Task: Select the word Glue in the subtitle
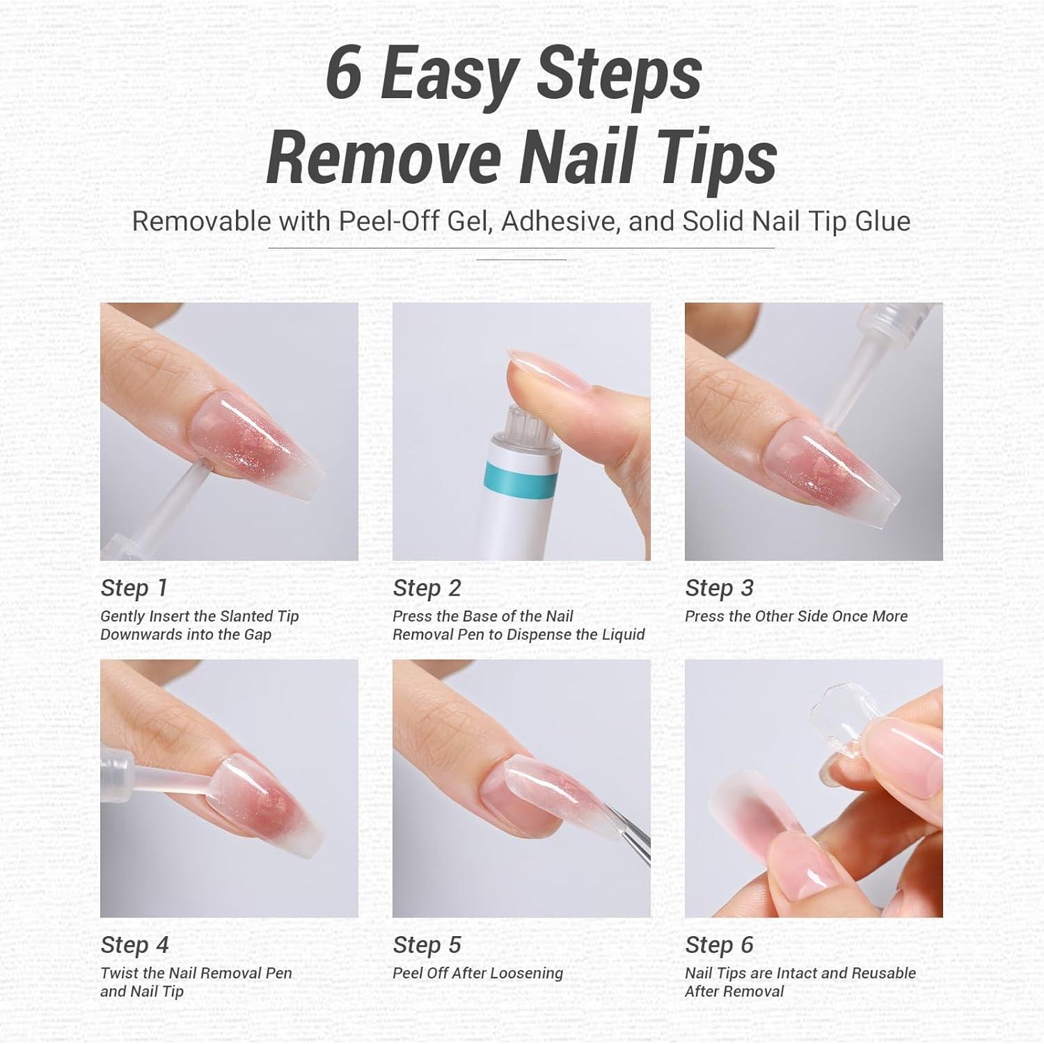(x=883, y=221)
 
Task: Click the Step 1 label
(x=134, y=588)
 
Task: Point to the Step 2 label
(x=427, y=588)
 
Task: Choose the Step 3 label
(x=719, y=588)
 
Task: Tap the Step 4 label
(x=134, y=945)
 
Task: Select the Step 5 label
(x=427, y=945)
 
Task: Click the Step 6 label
(x=719, y=945)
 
